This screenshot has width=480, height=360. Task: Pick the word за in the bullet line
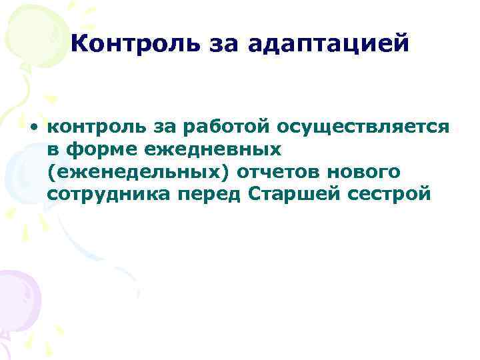pos(160,127)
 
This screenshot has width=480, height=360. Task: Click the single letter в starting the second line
pos(53,149)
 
